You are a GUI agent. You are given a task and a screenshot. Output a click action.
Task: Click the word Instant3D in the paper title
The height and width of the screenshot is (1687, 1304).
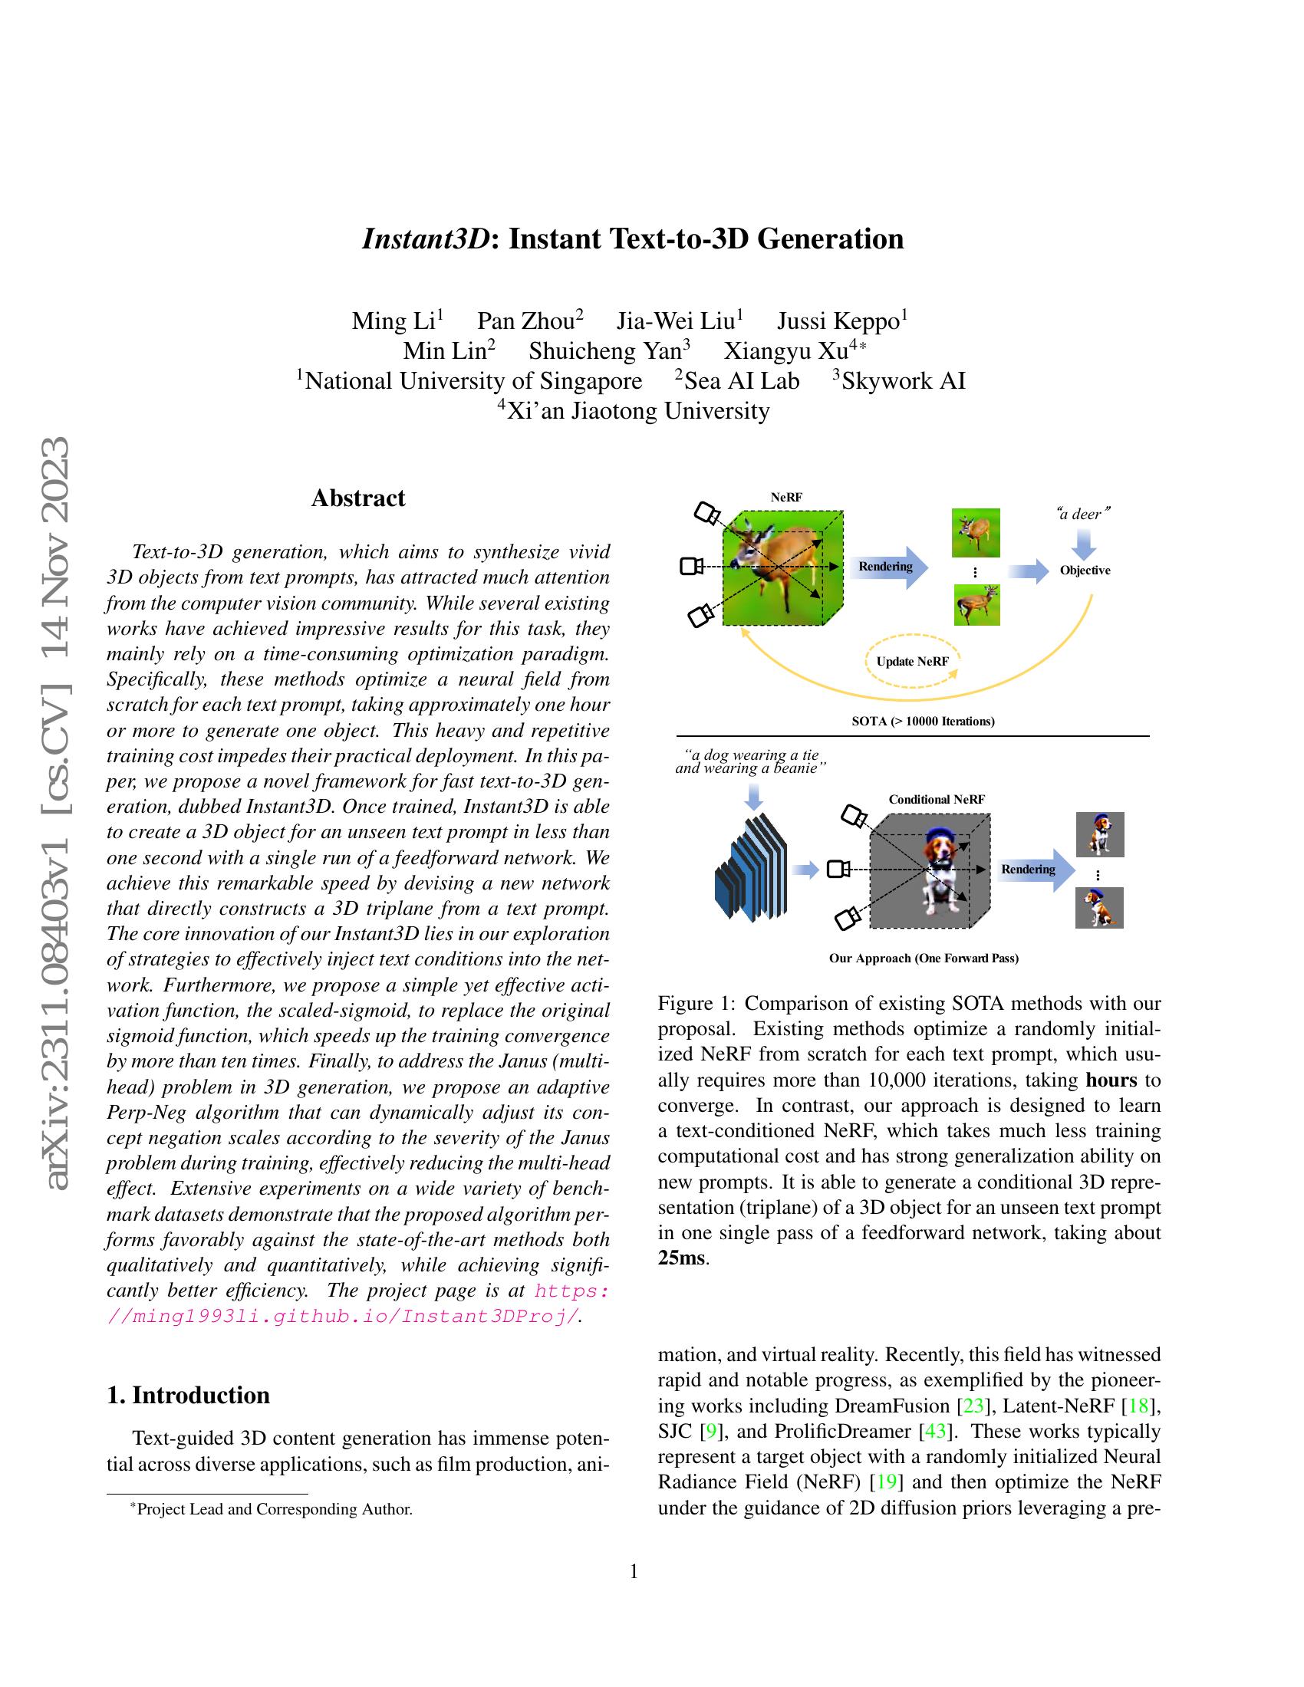(425, 238)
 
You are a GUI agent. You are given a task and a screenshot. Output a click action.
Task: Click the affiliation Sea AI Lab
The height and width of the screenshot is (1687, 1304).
(741, 381)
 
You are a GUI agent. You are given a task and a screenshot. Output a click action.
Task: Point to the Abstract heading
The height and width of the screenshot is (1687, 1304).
(357, 498)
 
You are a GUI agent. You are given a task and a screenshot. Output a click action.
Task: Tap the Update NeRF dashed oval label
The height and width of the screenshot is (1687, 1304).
(911, 661)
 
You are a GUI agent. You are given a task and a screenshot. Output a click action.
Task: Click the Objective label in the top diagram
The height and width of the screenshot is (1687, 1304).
(1085, 571)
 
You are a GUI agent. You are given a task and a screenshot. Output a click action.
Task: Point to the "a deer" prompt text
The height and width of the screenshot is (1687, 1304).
(1083, 514)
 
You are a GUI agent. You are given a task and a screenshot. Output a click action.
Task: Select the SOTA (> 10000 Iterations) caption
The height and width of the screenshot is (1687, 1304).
(923, 722)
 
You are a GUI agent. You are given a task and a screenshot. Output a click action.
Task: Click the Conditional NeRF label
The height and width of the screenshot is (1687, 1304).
(937, 800)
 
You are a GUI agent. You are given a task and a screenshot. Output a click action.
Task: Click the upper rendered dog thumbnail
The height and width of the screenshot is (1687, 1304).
(1099, 834)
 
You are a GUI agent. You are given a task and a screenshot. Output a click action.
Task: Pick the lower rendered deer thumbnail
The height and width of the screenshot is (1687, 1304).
(976, 604)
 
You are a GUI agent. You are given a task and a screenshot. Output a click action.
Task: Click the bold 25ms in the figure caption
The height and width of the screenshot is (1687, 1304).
(680, 1258)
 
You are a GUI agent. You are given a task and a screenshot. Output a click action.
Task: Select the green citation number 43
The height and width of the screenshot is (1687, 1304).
(936, 1432)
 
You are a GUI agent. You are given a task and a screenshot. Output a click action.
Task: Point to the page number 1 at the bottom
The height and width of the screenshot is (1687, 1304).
(634, 1572)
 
